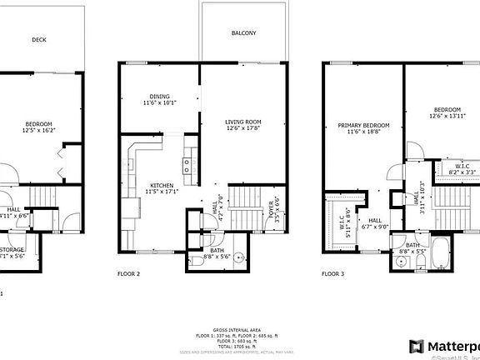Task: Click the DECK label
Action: coord(38,39)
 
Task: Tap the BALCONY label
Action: coord(244,33)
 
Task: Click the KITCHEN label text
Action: coord(161,188)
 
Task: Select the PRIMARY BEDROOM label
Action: coord(362,128)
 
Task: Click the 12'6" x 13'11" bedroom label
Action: coord(447,112)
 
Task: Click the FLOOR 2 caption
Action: coord(127,273)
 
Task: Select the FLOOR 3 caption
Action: coord(333,273)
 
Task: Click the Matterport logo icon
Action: coord(416,346)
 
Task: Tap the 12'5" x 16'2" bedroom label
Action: coord(37,127)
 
